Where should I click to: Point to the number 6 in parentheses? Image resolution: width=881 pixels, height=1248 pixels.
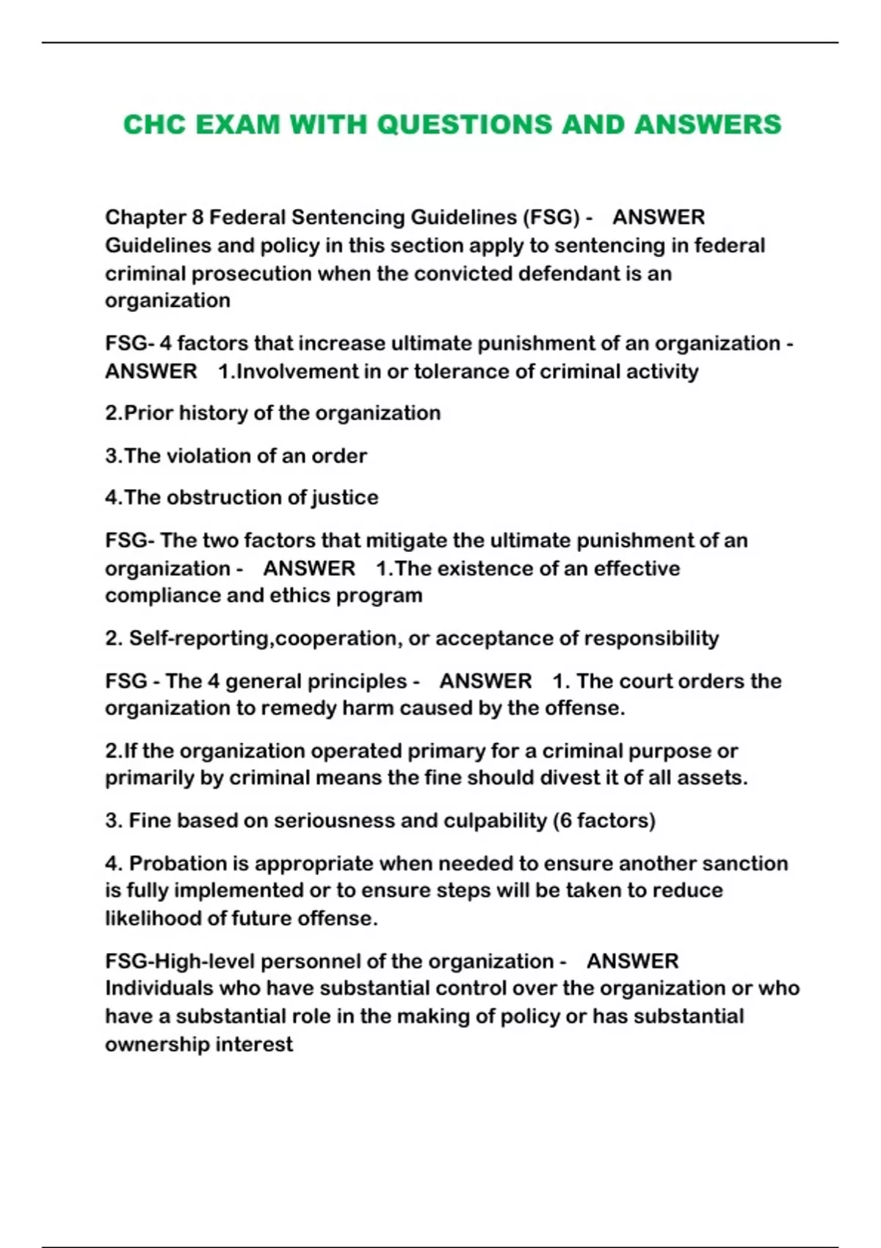pyautogui.click(x=565, y=821)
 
